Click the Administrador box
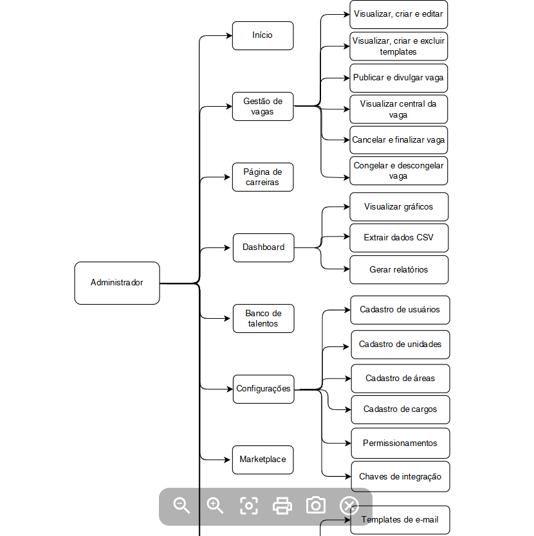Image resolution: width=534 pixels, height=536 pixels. coord(117,283)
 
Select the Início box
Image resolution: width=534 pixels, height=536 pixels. coord(263,35)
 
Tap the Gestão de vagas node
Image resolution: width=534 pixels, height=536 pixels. coord(263,106)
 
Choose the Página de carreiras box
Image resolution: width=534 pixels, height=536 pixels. coord(263,177)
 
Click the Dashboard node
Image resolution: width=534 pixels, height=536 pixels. coord(264,248)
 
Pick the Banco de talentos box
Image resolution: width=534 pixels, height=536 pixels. coord(264,319)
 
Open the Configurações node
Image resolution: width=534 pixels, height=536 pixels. coord(264,389)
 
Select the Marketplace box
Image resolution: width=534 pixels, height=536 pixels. coord(263,460)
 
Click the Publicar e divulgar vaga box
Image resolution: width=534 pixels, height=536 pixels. coord(399,78)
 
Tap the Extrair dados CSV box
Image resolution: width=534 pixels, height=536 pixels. coord(399,238)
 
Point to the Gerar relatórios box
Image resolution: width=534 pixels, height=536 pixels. coord(399,270)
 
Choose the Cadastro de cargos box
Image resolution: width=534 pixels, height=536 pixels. coord(400,409)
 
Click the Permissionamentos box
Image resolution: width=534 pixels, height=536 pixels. coord(400,443)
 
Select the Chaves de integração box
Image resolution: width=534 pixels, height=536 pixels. coord(400,476)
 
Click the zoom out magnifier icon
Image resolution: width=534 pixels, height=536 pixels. coord(181,506)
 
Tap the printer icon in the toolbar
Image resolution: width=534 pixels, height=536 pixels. coord(282,506)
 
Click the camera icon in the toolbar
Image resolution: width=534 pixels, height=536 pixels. coord(316,506)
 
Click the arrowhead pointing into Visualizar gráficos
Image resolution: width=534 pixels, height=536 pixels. coord(347,206)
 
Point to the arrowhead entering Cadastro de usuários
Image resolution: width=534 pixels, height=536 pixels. coord(347,310)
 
